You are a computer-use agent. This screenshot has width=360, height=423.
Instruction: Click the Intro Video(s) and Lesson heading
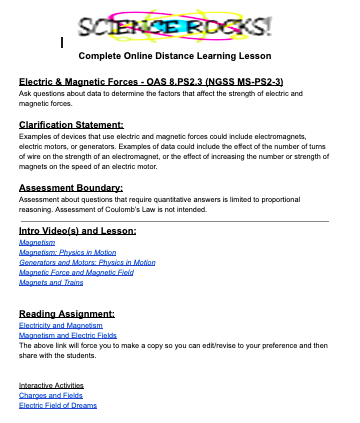(77, 231)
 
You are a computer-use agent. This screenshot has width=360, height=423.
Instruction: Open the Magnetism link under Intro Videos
(38, 243)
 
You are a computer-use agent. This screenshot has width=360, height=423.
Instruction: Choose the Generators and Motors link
(87, 263)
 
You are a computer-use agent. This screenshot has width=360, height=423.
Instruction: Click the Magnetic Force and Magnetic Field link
(76, 273)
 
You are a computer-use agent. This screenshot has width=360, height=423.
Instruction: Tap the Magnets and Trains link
(51, 283)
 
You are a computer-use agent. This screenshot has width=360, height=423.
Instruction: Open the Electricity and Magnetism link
(61, 326)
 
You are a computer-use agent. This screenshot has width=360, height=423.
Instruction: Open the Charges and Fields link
(48, 395)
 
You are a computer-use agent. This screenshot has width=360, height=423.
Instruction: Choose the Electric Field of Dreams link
(56, 405)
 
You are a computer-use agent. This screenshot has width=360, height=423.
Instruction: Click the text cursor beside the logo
(63, 41)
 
